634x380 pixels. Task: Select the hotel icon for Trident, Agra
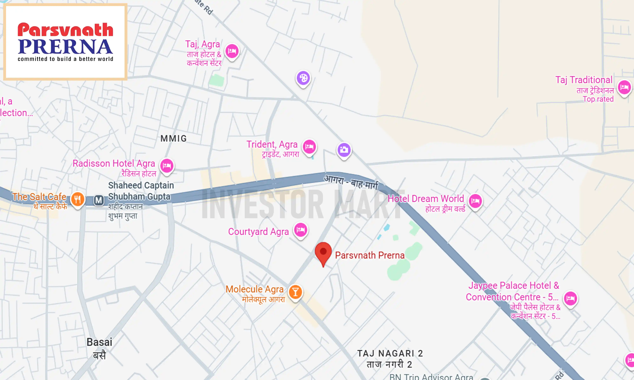pos(309,146)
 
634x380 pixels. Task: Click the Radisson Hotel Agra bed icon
pos(167,166)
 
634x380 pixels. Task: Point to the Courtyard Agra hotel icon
pos(301,230)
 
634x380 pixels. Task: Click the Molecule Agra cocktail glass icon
pos(295,292)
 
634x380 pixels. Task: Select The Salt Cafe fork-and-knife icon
pos(77,199)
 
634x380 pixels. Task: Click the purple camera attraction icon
pos(344,150)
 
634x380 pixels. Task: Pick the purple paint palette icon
pos(303,78)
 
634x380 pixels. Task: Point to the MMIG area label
pos(174,139)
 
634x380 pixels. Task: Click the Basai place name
pos(99,342)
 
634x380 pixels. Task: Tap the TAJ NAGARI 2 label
pos(390,354)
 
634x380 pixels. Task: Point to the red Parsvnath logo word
pos(65,30)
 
